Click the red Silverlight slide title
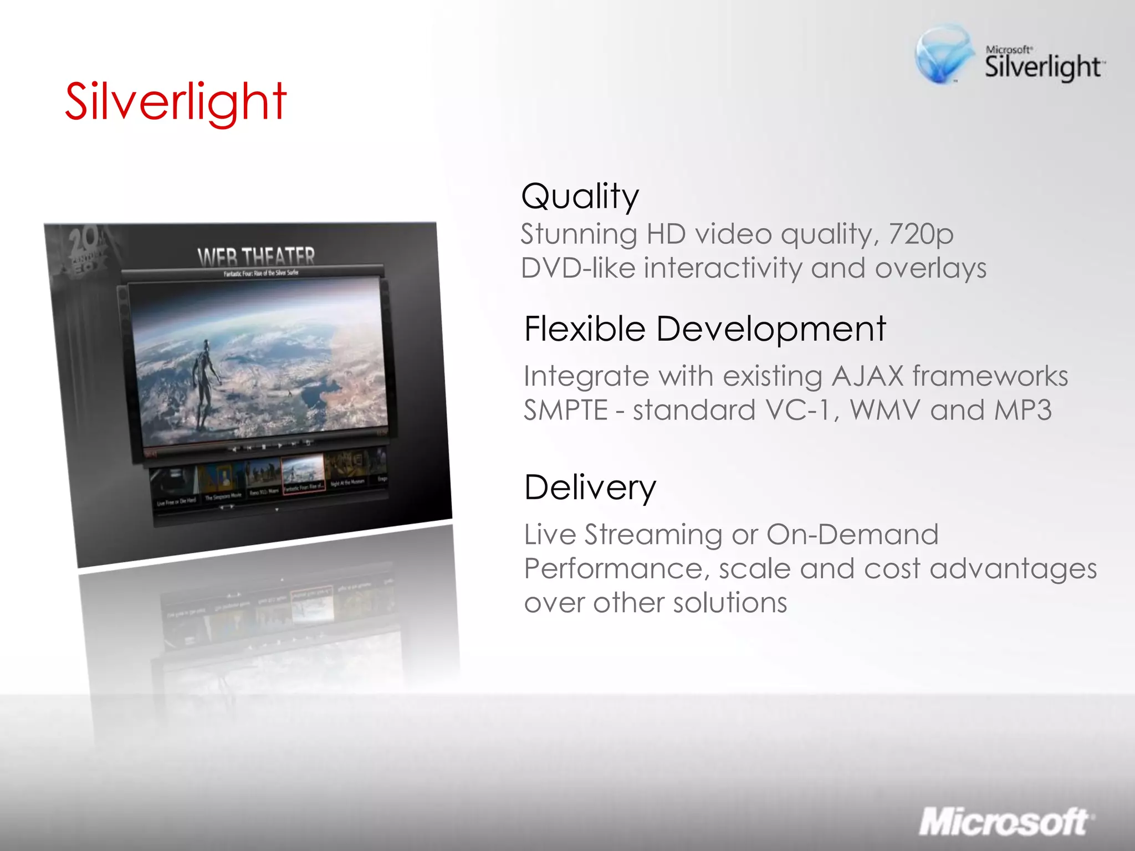(176, 102)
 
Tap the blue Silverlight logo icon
(943, 54)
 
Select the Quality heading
(580, 196)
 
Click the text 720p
(921, 234)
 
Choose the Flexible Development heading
(705, 329)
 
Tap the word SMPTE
(566, 411)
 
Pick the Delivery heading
(590, 488)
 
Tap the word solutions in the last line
(729, 603)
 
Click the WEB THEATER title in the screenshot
(256, 257)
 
